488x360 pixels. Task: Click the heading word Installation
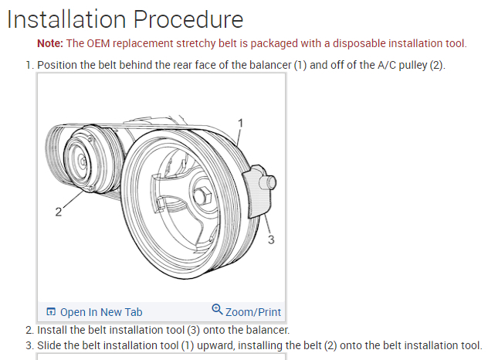point(65,19)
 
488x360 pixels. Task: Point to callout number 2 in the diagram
point(59,212)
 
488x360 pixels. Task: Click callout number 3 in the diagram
point(270,239)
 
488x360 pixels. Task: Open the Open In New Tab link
point(101,312)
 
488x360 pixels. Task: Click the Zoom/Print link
point(253,312)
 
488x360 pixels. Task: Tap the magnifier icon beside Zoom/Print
point(217,311)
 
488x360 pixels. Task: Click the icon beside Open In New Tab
point(51,312)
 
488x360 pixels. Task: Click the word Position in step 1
point(59,64)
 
